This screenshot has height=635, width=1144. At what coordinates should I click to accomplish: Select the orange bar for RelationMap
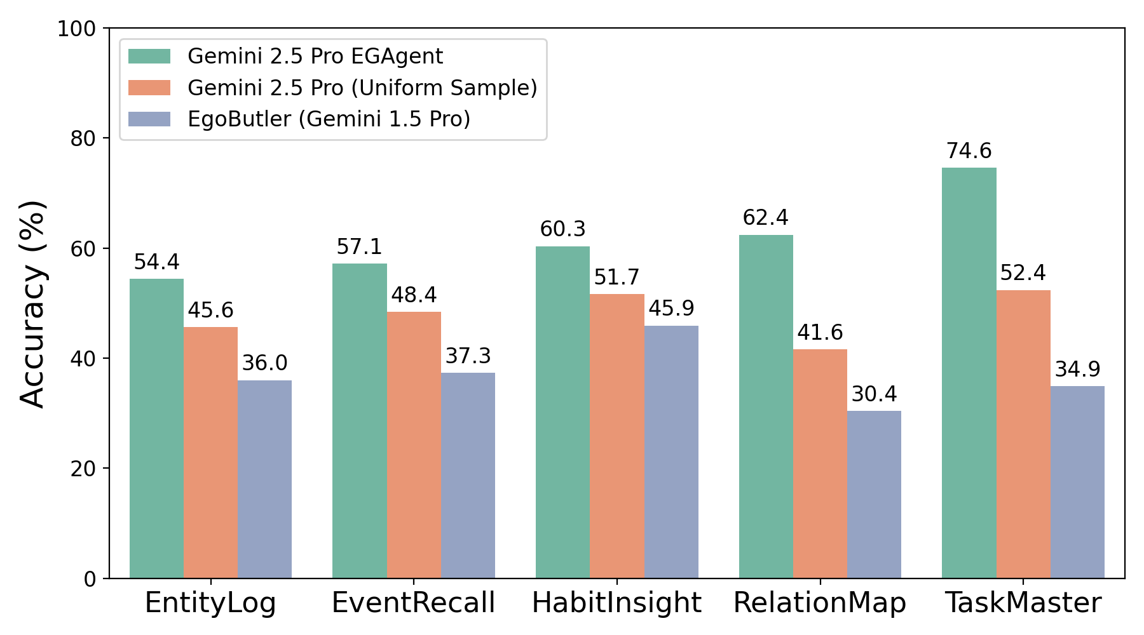pos(820,464)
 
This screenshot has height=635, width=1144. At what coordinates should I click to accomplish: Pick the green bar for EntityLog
pos(156,429)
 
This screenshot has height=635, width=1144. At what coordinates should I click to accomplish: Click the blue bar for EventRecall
pos(468,476)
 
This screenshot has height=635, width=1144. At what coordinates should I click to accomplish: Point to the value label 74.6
pos(969,151)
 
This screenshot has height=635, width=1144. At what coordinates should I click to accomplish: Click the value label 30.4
pos(874,394)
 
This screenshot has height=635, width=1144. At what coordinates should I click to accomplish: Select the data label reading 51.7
pos(616,277)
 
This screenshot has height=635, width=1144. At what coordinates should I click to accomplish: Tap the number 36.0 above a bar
pos(264,363)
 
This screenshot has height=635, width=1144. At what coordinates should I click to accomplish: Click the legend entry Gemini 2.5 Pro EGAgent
pos(315,57)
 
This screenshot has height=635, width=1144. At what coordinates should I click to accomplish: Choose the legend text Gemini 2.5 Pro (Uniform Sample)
pos(362,88)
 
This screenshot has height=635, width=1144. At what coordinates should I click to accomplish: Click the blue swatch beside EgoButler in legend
pos(149,119)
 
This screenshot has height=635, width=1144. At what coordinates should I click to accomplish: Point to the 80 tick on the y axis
pos(83,138)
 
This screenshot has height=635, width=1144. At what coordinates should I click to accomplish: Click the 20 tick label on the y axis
pos(83,469)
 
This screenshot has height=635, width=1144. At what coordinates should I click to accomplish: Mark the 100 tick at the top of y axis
pos(76,29)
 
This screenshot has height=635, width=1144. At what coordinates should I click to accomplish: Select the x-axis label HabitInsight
pos(616,603)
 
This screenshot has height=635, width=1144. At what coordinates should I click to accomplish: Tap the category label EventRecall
pos(413,603)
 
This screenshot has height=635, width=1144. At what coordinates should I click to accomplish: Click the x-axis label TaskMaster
pos(1023,603)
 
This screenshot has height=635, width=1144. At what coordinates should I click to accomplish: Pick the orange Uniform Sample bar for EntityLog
pos(210,453)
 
